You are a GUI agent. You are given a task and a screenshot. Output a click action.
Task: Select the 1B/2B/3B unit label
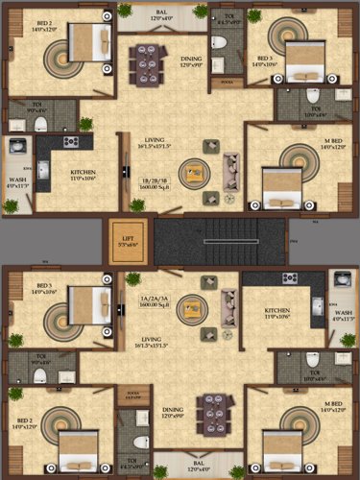pyautogui.click(x=156, y=181)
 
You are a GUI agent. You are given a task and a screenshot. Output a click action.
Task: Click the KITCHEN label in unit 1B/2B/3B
pyautogui.click(x=84, y=175)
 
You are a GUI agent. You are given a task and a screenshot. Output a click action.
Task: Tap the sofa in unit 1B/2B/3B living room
pyautogui.click(x=231, y=172)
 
